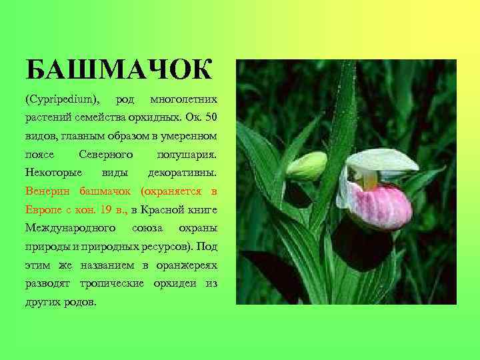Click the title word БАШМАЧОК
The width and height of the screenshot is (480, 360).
click(119, 69)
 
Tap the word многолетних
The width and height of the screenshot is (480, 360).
click(184, 100)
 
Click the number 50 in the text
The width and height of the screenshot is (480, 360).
click(211, 118)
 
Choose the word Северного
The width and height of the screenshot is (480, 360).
click(106, 154)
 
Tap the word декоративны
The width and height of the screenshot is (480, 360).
click(183, 173)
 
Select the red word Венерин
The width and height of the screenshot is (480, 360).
click(48, 191)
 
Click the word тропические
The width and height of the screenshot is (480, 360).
click(112, 283)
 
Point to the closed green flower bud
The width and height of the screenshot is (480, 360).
click(307, 166)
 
